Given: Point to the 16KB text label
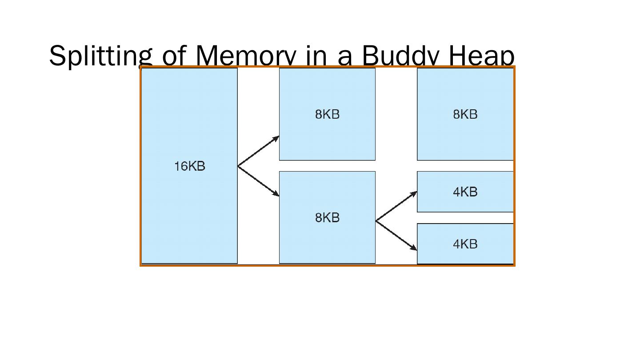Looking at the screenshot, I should [190, 166].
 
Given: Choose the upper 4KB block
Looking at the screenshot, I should [465, 202].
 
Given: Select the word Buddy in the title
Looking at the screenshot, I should [401, 56].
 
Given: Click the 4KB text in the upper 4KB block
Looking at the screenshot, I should [465, 192].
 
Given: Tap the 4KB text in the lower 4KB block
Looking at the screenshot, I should [465, 244].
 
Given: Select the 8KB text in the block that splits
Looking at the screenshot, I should [327, 218].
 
